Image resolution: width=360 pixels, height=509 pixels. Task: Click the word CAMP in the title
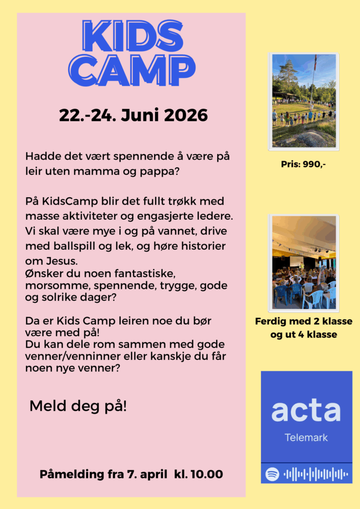132,71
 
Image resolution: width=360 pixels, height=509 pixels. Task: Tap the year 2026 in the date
185,115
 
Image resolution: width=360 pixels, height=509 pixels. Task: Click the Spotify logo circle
272,474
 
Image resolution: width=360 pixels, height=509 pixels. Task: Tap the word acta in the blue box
306,411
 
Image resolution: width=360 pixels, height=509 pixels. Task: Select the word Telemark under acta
306,438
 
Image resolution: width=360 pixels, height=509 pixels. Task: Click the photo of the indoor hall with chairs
303,262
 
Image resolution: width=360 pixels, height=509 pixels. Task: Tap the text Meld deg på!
78,406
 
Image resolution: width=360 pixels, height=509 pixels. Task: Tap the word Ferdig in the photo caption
271,322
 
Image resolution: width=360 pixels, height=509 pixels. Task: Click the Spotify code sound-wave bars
315,474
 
